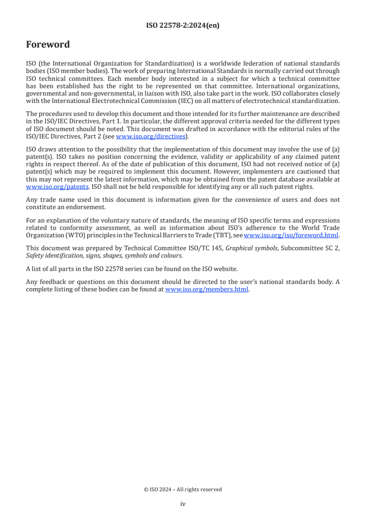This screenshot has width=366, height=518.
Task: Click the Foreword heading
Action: (x=48, y=45)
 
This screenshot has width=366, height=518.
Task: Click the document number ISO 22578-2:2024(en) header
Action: (x=183, y=26)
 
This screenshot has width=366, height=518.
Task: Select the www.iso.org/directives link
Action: (x=150, y=136)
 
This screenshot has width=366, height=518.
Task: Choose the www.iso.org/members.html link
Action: (x=207, y=289)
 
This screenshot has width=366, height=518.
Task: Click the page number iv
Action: (x=183, y=504)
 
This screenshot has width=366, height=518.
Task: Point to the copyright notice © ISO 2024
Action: (x=183, y=489)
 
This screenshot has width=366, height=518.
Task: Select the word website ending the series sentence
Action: (x=215, y=269)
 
